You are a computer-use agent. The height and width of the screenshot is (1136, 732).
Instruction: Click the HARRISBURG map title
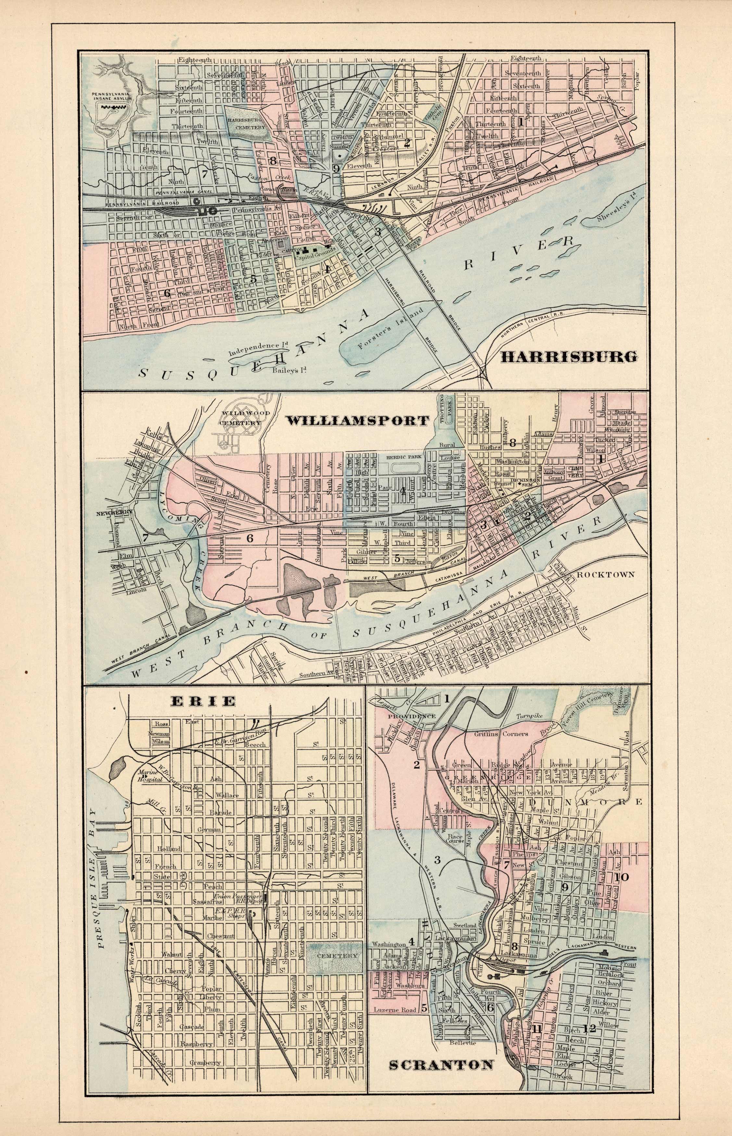569,357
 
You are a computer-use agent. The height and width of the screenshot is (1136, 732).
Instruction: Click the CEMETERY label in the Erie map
333,929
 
